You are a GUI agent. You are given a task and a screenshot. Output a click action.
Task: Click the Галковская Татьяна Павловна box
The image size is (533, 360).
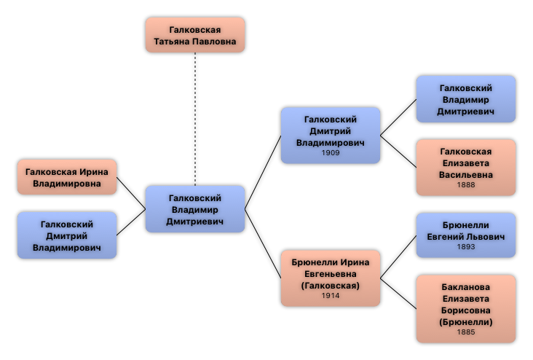click(x=194, y=35)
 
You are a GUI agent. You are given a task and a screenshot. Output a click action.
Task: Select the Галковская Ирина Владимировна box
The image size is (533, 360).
click(x=67, y=177)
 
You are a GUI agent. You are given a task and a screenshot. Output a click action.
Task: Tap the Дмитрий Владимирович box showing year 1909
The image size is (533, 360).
click(x=331, y=136)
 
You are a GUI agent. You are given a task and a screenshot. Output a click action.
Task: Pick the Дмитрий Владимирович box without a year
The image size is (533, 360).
click(x=67, y=235)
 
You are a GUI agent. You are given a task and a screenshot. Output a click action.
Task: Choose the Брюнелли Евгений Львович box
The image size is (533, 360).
click(x=465, y=235)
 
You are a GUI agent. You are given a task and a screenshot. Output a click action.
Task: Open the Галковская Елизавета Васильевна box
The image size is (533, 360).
click(x=465, y=168)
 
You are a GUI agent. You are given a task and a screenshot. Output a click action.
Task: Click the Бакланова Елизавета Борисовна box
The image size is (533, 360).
click(x=465, y=308)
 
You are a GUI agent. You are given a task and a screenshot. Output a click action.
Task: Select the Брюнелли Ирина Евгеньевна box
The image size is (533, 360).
click(x=331, y=278)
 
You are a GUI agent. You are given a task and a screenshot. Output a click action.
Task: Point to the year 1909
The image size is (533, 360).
click(x=331, y=154)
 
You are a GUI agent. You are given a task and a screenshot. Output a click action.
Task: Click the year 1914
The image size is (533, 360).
click(x=331, y=296)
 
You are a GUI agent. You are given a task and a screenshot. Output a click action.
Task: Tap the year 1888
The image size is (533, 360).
click(x=466, y=185)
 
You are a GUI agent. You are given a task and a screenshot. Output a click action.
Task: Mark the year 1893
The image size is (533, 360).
click(x=466, y=247)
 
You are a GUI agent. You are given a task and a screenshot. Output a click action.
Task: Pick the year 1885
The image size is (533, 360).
click(x=466, y=332)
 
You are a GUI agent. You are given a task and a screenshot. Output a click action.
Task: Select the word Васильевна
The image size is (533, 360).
click(x=466, y=175)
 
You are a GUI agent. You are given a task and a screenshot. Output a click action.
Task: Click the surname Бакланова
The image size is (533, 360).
click(x=466, y=286)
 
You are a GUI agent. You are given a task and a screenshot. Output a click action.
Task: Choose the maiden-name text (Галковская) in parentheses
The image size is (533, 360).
click(x=331, y=285)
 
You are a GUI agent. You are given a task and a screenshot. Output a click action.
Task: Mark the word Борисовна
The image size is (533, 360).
click(x=466, y=310)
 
